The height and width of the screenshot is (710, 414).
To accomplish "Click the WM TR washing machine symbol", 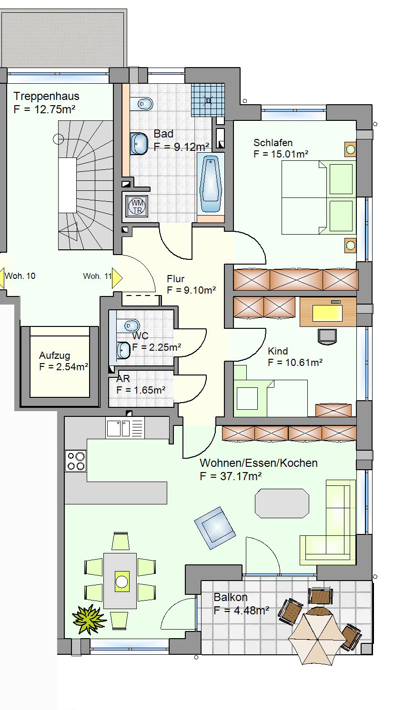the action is [x=137, y=206].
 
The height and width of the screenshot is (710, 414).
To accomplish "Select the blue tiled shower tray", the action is [x=208, y=100].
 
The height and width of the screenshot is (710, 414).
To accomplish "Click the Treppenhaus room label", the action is [x=46, y=96].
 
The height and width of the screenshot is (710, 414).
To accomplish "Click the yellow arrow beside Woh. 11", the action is [x=117, y=278].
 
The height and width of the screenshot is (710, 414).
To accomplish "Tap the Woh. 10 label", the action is [x=20, y=276].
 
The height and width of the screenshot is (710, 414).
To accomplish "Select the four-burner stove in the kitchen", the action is [x=76, y=461].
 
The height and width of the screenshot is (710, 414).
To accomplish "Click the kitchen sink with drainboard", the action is [x=125, y=428].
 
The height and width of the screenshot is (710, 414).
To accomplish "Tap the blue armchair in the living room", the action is [x=215, y=527].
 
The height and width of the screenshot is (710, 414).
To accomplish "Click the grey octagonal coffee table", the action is [x=282, y=503].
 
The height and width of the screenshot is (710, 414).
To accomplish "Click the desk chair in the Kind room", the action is [x=327, y=336].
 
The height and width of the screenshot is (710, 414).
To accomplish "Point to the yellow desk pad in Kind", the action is [x=327, y=313].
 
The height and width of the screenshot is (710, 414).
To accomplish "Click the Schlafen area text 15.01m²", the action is [x=290, y=154].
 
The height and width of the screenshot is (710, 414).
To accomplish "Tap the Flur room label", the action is [x=175, y=279].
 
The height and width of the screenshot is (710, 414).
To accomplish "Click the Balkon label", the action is [x=231, y=597].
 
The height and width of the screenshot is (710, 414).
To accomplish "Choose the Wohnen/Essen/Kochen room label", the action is [x=259, y=463].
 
